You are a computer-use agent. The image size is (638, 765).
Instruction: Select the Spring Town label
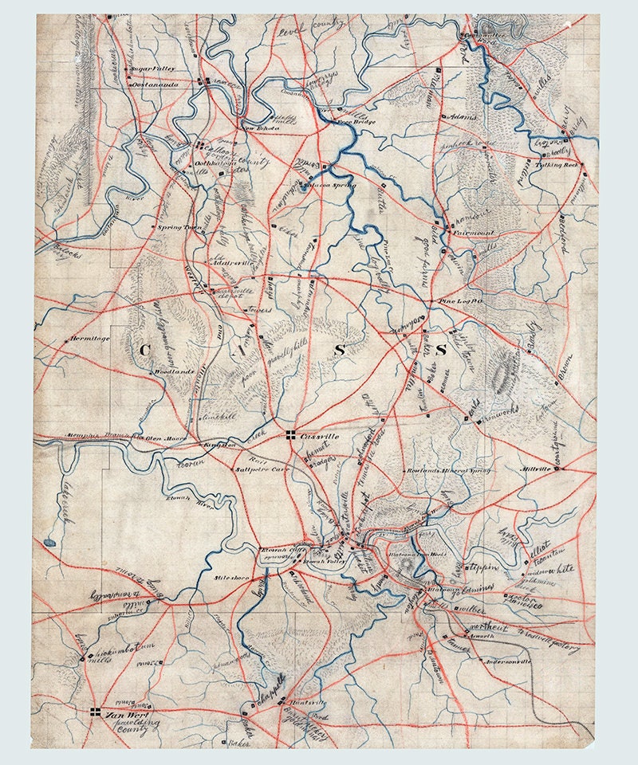(x=178, y=226)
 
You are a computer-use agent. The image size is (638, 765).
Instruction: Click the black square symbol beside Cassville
(x=290, y=433)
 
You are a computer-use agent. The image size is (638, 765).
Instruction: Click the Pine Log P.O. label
(x=459, y=302)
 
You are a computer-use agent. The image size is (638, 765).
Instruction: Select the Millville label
(x=533, y=469)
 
